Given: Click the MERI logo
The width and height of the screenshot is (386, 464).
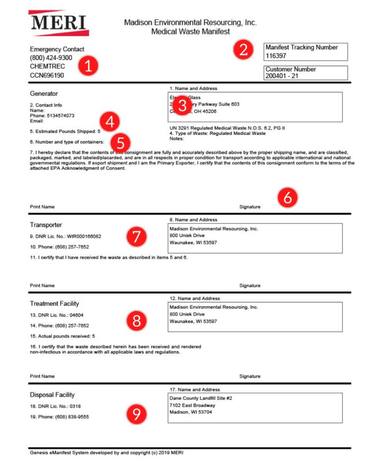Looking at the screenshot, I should click(x=58, y=22).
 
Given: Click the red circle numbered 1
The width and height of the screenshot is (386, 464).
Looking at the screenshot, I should click(x=88, y=66).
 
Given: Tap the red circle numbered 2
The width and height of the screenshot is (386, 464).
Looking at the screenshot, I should click(x=243, y=50).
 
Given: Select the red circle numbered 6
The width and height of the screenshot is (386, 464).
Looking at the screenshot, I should click(x=288, y=198).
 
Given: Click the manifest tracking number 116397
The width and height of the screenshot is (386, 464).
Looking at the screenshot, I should click(x=276, y=56).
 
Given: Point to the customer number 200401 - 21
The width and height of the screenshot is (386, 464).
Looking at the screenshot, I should click(x=282, y=76).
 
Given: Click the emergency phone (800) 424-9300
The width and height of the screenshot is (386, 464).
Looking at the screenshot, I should click(x=51, y=58).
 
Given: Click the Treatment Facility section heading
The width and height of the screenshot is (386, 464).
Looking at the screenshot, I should click(x=54, y=303).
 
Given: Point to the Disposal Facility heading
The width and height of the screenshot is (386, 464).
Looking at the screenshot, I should click(x=52, y=395).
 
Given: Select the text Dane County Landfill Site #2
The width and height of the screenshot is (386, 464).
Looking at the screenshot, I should click(x=200, y=398).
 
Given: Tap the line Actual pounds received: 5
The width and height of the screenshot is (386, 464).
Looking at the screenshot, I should click(x=62, y=336).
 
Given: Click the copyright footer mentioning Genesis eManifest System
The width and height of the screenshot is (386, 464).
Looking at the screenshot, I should click(x=106, y=453).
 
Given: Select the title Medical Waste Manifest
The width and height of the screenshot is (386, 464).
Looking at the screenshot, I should click(x=190, y=32).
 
